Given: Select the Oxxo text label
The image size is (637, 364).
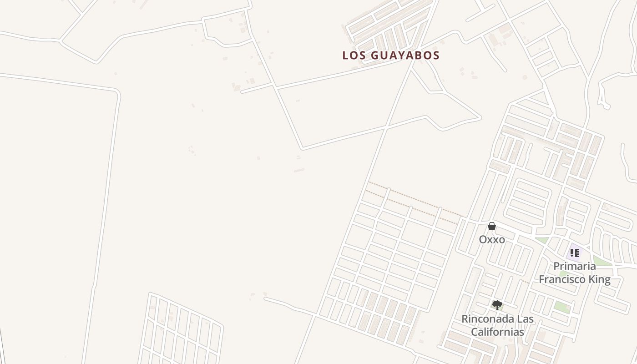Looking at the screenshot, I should [x=492, y=239].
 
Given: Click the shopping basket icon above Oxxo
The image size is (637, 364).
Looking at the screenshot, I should [x=492, y=226].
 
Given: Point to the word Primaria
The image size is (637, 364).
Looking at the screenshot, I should [x=575, y=266].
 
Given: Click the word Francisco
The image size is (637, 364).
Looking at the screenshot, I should [x=562, y=279].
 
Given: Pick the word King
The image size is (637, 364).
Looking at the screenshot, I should [x=600, y=279].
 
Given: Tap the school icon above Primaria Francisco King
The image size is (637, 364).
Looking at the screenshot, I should [x=575, y=253].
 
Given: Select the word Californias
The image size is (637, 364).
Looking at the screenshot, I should [x=497, y=332].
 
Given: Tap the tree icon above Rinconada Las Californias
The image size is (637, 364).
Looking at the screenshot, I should [x=497, y=305].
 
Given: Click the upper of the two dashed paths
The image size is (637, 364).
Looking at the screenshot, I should [x=414, y=198].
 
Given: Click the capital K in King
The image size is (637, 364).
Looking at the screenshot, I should [x=593, y=279].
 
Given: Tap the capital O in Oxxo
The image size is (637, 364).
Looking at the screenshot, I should [x=483, y=239].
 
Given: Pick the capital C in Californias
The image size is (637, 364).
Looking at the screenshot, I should [x=474, y=332].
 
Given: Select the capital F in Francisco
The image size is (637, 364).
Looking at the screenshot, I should [x=542, y=279].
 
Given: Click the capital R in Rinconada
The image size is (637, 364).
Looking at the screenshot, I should [x=465, y=318].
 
